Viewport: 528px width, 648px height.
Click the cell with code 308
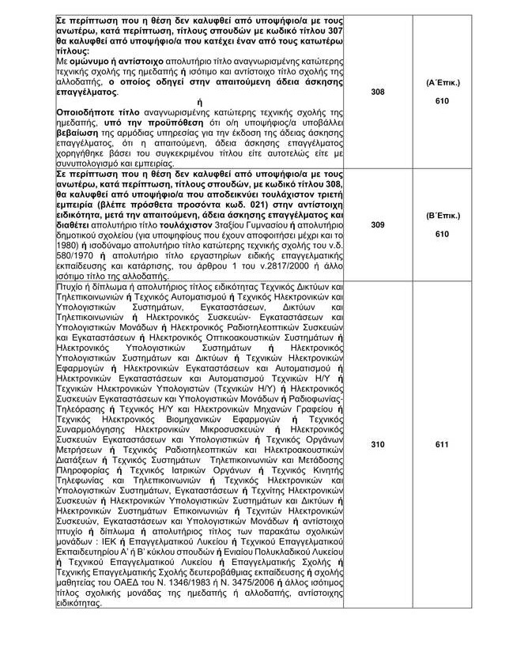click(377, 92)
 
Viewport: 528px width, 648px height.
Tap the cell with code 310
click(377, 445)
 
